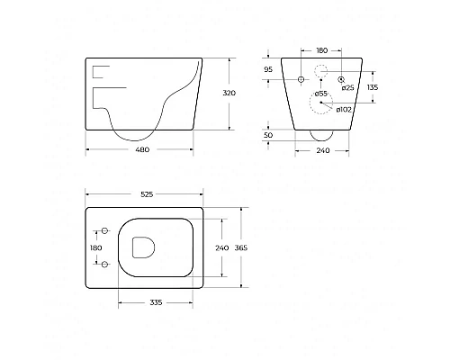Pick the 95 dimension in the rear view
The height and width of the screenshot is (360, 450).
pos(267,69)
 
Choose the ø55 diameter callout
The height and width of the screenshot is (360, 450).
pos(321,94)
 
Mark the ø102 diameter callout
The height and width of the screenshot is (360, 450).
pos(343,110)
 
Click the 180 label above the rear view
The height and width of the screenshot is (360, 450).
pos(322,51)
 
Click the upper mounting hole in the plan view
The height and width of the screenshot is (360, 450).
pos(105,231)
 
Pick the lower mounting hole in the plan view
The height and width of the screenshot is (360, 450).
pos(105,264)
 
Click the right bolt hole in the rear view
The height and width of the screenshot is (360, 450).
pos(342,79)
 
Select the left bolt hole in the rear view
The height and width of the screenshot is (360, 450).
pos(301,79)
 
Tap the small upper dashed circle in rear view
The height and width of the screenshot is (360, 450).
pos(321,71)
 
